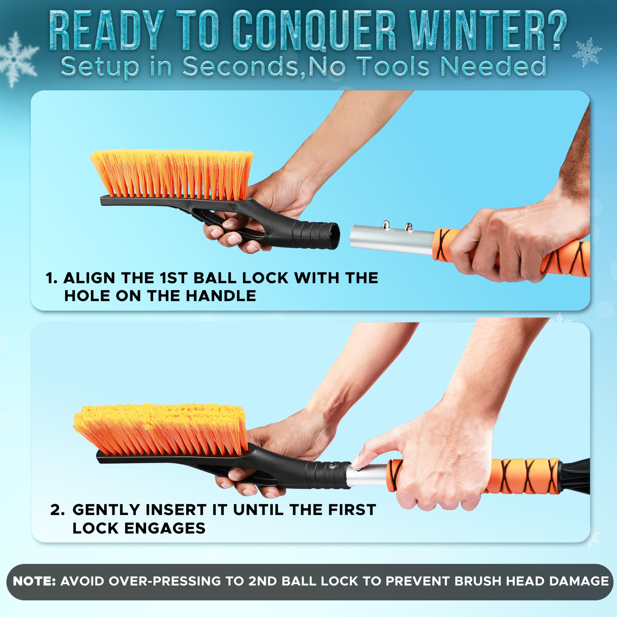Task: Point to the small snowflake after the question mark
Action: point(587,52)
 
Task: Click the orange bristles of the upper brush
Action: point(173,174)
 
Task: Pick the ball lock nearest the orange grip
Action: point(408,227)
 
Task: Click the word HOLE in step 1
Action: point(87,296)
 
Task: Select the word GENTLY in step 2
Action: point(107,510)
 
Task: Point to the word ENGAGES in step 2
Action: point(165,529)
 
